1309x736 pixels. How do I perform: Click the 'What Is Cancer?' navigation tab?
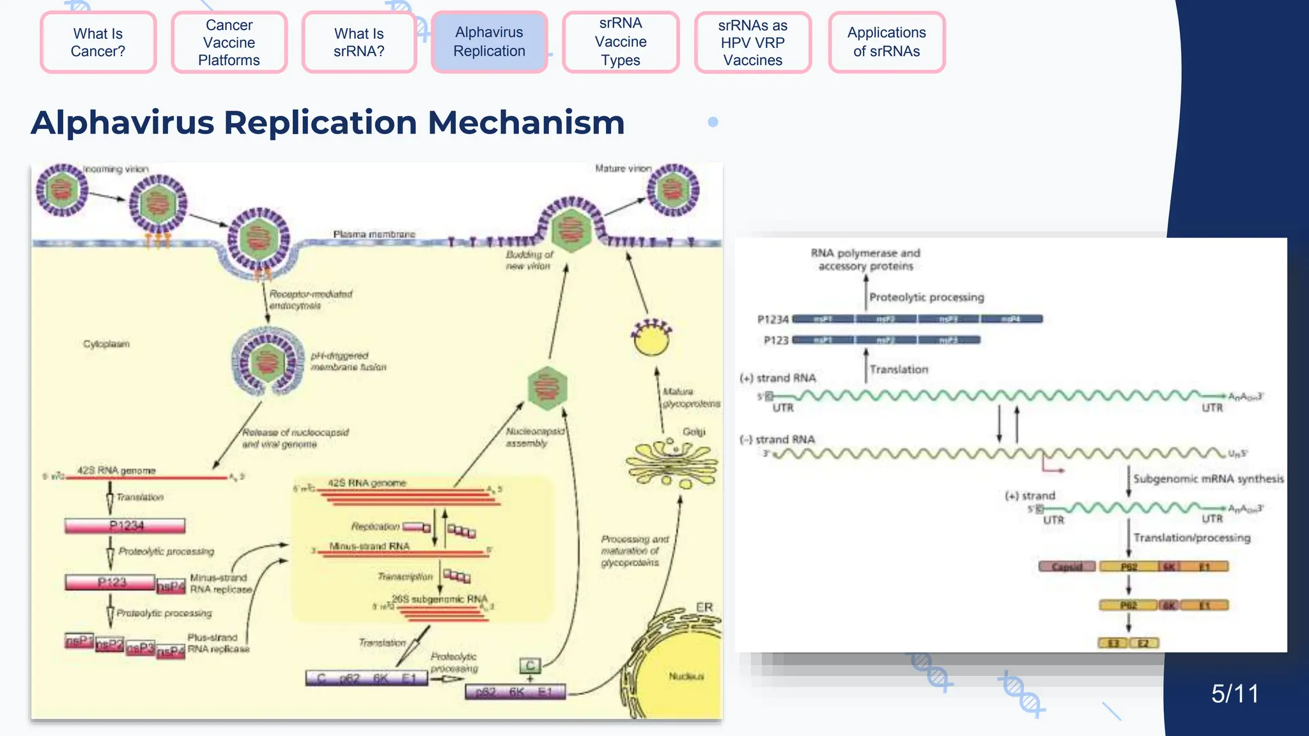point(98,42)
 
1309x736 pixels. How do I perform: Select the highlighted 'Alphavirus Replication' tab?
point(489,42)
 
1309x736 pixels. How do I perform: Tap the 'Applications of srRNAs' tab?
point(887,42)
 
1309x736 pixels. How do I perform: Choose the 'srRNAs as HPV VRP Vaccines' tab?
point(752,42)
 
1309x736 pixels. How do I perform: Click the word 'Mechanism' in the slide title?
point(526,123)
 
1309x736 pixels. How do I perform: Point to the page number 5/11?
point(1234,694)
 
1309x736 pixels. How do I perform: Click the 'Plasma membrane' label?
point(374,234)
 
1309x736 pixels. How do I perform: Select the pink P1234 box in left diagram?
point(125,526)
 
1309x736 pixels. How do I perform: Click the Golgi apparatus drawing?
point(671,463)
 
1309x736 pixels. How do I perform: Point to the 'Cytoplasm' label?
point(106,344)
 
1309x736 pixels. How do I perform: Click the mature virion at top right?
point(672,190)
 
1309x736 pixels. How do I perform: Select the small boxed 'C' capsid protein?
point(530,666)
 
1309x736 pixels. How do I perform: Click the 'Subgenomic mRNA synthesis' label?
point(1208,479)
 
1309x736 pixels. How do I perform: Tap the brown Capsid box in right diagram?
point(1067,567)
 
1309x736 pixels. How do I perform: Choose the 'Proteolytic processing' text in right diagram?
point(926,297)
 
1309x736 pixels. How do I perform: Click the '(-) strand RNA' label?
point(777,440)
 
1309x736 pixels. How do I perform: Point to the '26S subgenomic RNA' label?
point(439,599)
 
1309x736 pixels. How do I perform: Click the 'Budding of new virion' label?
point(529,260)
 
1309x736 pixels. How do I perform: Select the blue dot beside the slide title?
point(713,122)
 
